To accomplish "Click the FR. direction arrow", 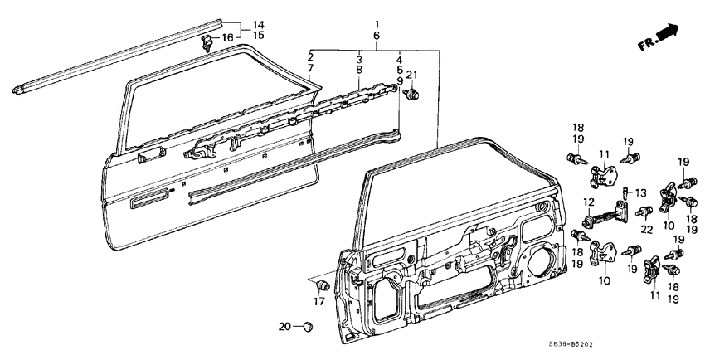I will (x=664, y=36).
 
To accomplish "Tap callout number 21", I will (x=412, y=77).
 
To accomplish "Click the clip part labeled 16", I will (x=207, y=41).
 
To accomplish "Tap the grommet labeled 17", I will (x=325, y=286).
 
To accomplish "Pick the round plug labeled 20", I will (x=306, y=326).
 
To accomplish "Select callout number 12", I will (x=588, y=202).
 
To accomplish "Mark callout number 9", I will (x=399, y=81).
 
